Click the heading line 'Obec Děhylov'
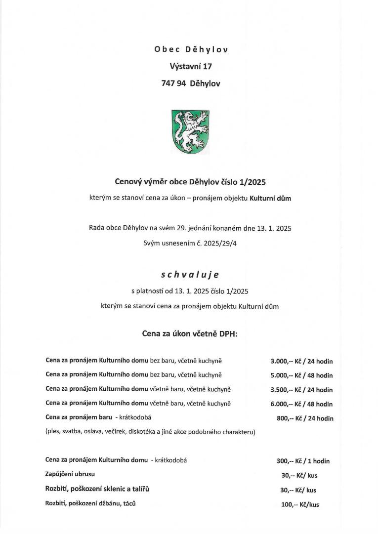click(x=191, y=49)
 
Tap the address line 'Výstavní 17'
click(x=191, y=66)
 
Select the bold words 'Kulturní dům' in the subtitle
click(x=272, y=199)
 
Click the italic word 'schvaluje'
click(x=190, y=274)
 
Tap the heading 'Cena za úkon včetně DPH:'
click(x=190, y=334)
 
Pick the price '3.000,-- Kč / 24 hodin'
click(x=301, y=362)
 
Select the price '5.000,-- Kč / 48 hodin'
click(x=301, y=375)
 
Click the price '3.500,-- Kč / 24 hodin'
click(x=301, y=390)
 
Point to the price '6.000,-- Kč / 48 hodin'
click(x=301, y=404)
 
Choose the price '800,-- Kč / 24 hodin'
click(x=305, y=418)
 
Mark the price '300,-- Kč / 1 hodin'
click(x=303, y=461)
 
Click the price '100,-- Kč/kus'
click(x=300, y=505)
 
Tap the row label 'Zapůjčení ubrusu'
click(x=70, y=474)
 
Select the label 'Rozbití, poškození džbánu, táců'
click(x=90, y=504)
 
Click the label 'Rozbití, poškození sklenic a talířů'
click(x=97, y=489)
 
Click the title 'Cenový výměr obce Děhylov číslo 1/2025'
click(x=190, y=181)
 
